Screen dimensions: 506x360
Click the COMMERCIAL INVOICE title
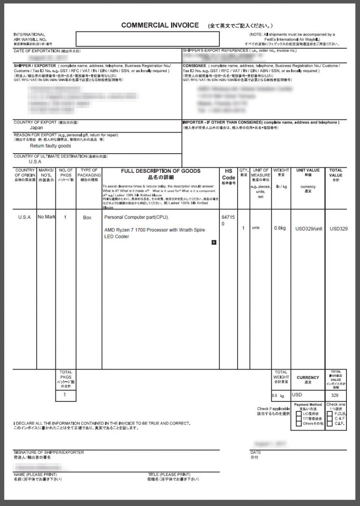(x=160, y=25)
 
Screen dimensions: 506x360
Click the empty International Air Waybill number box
(x=147, y=38)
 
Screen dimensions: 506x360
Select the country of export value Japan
(x=37, y=127)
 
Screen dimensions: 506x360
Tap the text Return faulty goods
(x=50, y=146)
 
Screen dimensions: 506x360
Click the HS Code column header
(x=228, y=174)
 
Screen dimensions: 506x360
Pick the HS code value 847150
(x=225, y=221)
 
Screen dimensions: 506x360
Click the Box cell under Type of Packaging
(x=87, y=217)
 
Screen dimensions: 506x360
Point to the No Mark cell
(x=46, y=217)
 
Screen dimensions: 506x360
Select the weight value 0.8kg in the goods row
(x=280, y=228)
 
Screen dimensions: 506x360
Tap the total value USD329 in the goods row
(x=338, y=229)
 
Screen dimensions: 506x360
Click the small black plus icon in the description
(x=214, y=242)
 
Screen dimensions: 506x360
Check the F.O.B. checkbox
(x=330, y=414)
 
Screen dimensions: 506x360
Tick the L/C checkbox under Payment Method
(x=299, y=414)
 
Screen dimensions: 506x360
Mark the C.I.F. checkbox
(x=330, y=424)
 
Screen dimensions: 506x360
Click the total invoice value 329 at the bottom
(x=335, y=395)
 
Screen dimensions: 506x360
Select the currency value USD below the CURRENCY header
(x=297, y=395)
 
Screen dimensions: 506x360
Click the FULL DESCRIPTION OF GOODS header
(x=160, y=171)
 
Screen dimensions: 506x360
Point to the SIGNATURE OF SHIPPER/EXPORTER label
(x=49, y=452)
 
